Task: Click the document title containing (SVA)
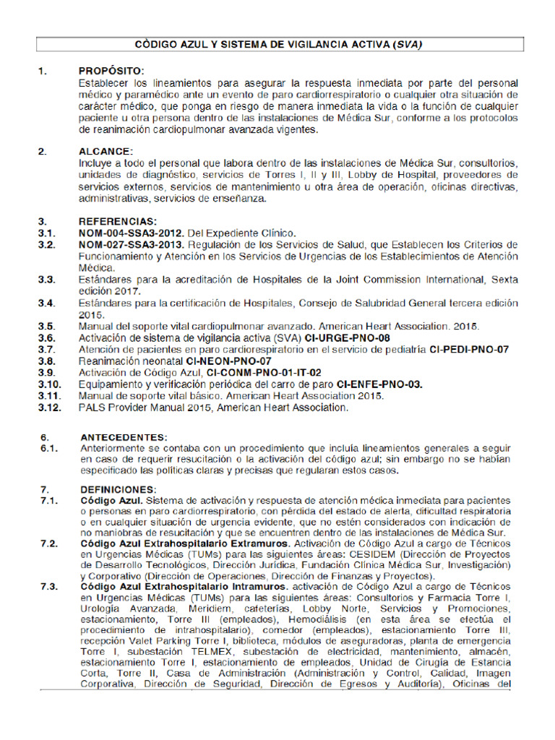278,44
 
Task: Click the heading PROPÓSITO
112,71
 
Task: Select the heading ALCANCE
106,151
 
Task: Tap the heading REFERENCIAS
119,221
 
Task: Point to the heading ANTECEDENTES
124,437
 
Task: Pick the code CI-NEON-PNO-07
228,361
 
